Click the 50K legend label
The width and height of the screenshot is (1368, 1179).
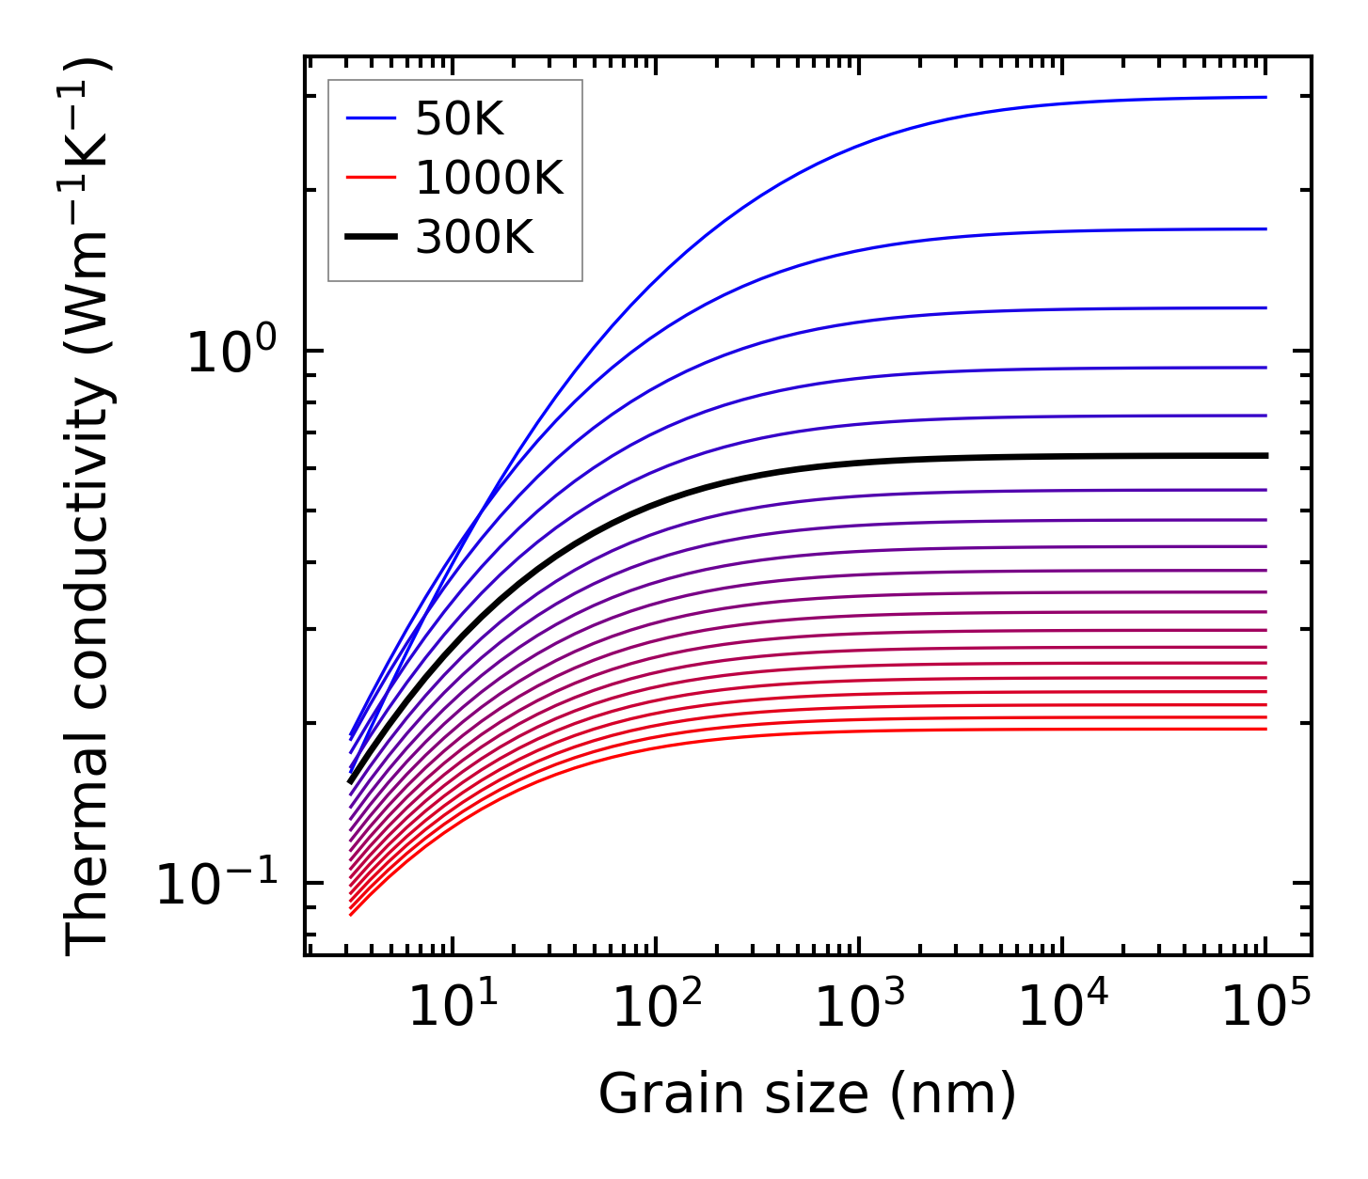(x=459, y=118)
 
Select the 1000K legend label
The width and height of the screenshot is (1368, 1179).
(x=489, y=178)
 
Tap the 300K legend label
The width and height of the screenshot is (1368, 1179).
(x=474, y=238)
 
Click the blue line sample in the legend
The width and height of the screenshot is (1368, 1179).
(x=372, y=118)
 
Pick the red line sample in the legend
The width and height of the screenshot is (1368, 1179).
(x=372, y=178)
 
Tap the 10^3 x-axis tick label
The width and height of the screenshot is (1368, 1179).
(x=859, y=1006)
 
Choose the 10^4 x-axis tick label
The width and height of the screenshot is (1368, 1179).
(x=1063, y=1006)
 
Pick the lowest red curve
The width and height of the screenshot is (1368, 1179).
(x=847, y=732)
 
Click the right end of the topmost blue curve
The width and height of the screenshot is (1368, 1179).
(x=1265, y=97)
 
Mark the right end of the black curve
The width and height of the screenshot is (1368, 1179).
(x=1265, y=455)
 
